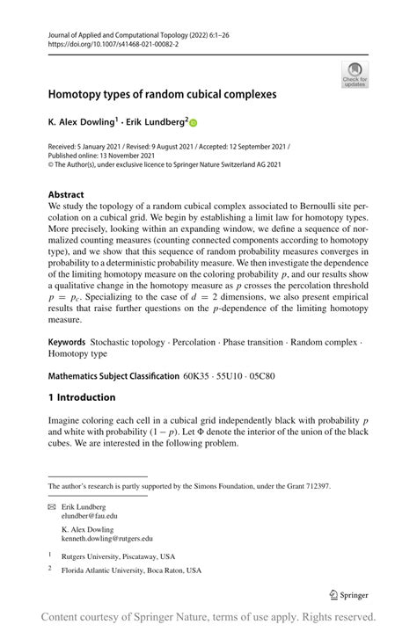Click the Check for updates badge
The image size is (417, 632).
pos(355,74)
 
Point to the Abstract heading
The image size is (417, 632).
pos(66,194)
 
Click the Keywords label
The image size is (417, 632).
pos(67,365)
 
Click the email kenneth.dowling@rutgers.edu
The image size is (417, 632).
pos(106,538)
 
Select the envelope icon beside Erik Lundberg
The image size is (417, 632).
pos(52,507)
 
